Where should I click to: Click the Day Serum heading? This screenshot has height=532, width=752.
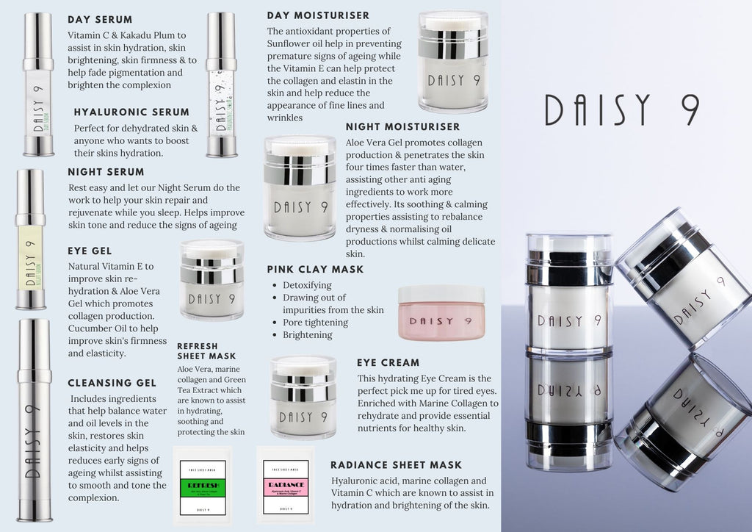pyautogui.click(x=100, y=19)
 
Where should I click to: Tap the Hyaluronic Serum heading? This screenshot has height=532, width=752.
pyautogui.click(x=131, y=112)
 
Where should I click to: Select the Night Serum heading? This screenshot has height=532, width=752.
pyautogui.click(x=106, y=172)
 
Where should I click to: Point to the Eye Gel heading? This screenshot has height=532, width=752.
pyautogui.click(x=90, y=251)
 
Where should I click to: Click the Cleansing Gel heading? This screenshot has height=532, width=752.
pyautogui.click(x=112, y=383)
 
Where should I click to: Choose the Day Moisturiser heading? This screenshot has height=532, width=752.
pyautogui.click(x=318, y=15)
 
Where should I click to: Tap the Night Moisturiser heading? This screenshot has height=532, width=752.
pyautogui.click(x=402, y=127)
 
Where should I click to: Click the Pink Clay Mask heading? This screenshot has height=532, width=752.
pyautogui.click(x=315, y=270)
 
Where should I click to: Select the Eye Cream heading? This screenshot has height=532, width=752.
pyautogui.click(x=388, y=362)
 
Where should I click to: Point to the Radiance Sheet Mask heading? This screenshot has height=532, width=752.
pyautogui.click(x=396, y=464)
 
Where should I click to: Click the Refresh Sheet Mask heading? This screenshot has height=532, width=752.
pyautogui.click(x=197, y=351)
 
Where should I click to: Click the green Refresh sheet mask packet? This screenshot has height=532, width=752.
pyautogui.click(x=202, y=485)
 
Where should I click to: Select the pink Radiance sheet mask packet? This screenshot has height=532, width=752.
pyautogui.click(x=285, y=485)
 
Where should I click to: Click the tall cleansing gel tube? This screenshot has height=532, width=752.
pyautogui.click(x=35, y=419)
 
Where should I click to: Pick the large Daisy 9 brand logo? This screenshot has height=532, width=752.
pyautogui.click(x=621, y=110)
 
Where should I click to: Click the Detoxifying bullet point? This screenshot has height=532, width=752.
pyautogui.click(x=307, y=285)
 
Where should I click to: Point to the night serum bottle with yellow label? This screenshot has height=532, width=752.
pyautogui.click(x=31, y=239)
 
